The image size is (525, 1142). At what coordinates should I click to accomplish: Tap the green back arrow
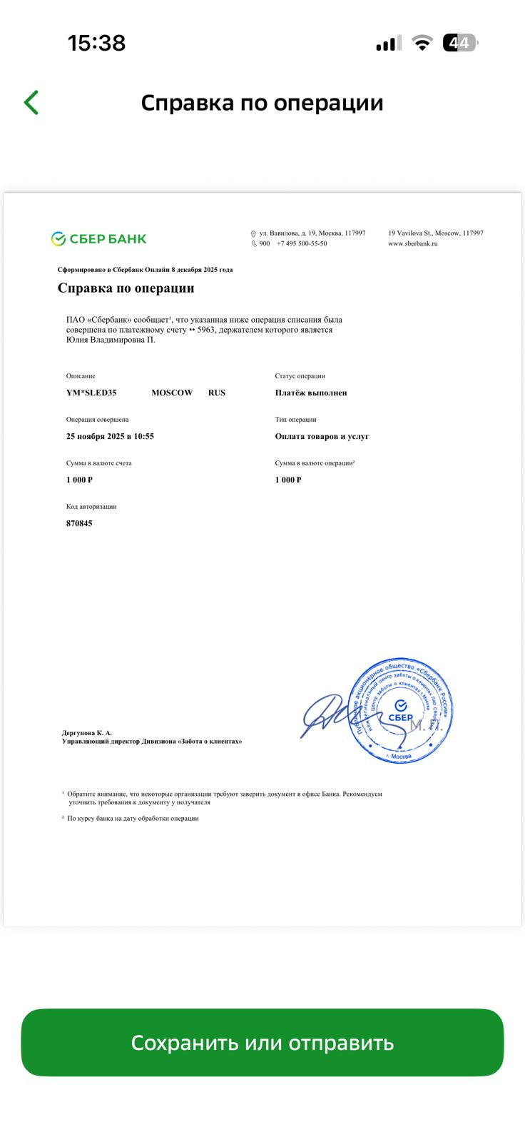tap(31, 103)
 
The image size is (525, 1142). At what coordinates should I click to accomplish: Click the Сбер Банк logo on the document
tap(98, 239)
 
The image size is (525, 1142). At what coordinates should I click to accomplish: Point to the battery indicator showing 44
tap(459, 43)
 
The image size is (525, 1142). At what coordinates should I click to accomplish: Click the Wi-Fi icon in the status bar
tap(422, 44)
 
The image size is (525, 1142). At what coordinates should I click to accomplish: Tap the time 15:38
tap(96, 43)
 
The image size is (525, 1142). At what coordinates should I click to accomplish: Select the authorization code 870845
tap(79, 523)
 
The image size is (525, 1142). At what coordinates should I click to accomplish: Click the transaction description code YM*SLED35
tap(91, 393)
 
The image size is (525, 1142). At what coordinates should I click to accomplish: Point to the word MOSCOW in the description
tap(172, 393)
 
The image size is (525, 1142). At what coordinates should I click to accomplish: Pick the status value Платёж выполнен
tap(311, 393)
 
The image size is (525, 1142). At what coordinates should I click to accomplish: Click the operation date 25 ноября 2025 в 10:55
tap(110, 436)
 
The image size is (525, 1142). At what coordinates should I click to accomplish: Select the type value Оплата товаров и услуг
tap(322, 436)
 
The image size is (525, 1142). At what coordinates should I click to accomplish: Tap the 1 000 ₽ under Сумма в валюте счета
tap(79, 480)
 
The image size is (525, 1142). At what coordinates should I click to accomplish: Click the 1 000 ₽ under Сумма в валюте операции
tap(288, 480)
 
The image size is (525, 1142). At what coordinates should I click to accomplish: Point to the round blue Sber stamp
tap(401, 710)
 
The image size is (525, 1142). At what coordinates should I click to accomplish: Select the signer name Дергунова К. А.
tap(87, 733)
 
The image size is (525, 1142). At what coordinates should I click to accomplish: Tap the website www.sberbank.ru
tap(413, 243)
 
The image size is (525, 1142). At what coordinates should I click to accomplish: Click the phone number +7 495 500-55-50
tap(302, 243)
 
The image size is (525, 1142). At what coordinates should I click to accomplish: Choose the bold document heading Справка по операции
tap(126, 288)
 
